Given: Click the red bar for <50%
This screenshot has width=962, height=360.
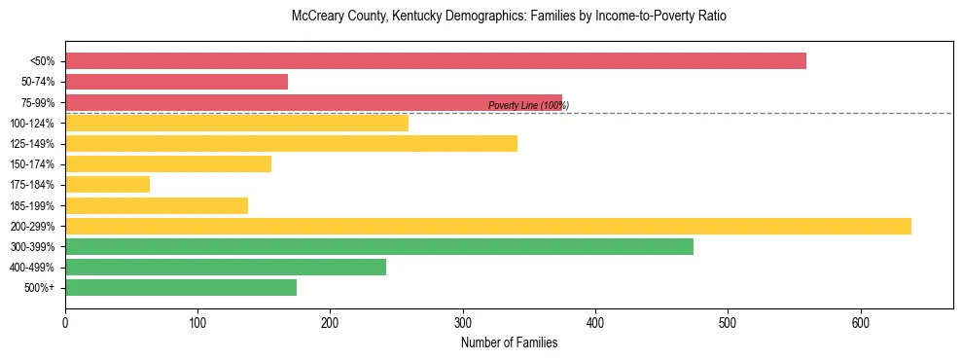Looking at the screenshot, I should pyautogui.click(x=435, y=61).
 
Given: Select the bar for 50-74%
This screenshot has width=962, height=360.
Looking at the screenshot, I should pyautogui.click(x=176, y=82).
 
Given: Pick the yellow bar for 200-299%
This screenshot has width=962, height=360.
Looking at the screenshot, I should pyautogui.click(x=487, y=226).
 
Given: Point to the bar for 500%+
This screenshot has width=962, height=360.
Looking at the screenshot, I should pyautogui.click(x=180, y=288).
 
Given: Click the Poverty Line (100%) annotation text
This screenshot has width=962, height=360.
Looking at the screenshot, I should pyautogui.click(x=528, y=106).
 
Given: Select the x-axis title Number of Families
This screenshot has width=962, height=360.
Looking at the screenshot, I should pyautogui.click(x=509, y=342).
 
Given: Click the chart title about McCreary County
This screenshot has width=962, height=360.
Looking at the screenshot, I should pyautogui.click(x=509, y=17).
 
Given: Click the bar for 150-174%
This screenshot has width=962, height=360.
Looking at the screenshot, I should pyautogui.click(x=167, y=164).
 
